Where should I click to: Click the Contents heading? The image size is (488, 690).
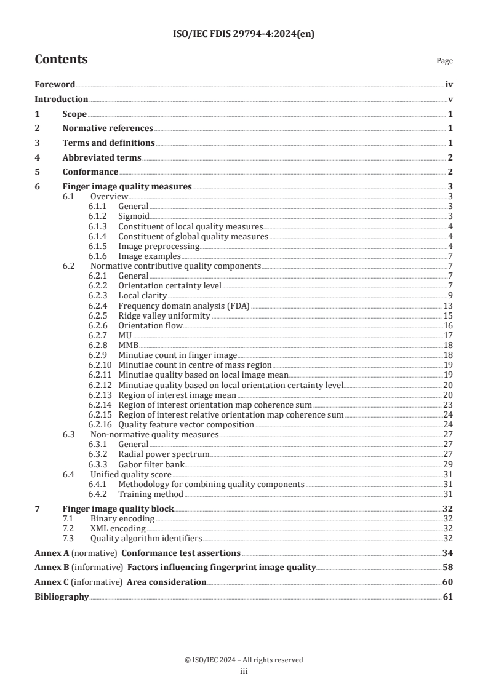click(x=61, y=60)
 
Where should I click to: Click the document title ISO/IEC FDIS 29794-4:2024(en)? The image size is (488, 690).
click(x=244, y=34)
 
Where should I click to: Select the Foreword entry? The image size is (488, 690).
click(x=55, y=85)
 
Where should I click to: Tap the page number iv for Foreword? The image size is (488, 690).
click(x=449, y=85)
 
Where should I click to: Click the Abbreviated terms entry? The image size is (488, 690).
click(x=102, y=158)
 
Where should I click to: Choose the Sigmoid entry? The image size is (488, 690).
click(x=134, y=216)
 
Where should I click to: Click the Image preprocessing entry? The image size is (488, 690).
click(x=159, y=246)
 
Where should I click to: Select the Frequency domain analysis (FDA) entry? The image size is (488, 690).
click(x=185, y=306)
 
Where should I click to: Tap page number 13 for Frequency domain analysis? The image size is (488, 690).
click(x=448, y=306)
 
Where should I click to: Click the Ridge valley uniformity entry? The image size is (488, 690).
click(x=164, y=315)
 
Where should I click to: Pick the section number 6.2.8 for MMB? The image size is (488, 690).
click(x=99, y=345)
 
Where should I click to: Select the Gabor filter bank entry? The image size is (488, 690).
click(x=150, y=464)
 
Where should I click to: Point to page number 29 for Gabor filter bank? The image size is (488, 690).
click(x=448, y=464)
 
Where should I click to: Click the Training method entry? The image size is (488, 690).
click(x=151, y=494)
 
